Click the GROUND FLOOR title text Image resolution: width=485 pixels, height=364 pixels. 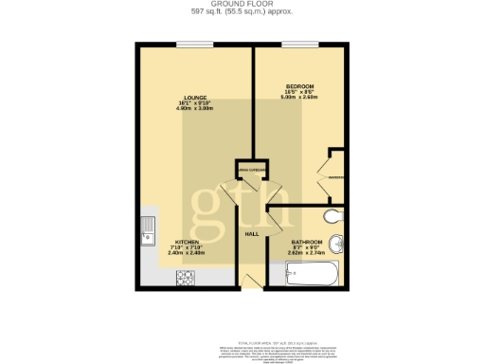point(242,5)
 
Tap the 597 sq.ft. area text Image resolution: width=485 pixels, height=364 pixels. point(242,12)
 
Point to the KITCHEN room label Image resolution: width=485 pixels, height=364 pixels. point(186,242)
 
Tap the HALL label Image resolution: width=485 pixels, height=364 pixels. point(252,233)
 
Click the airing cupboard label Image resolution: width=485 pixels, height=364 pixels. point(251,170)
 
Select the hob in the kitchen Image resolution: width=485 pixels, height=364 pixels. point(181,276)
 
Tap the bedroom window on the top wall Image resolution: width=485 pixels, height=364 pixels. point(301,45)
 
